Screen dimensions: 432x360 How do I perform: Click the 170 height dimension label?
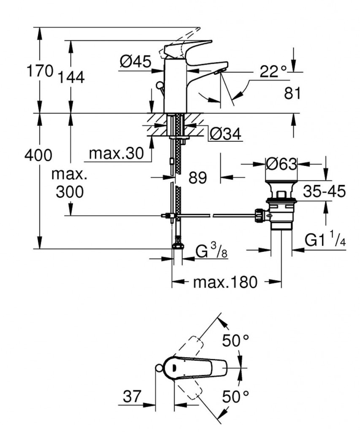tap(40, 70)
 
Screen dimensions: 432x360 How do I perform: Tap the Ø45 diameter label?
tap(135, 62)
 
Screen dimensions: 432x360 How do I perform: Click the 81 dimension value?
tap(292, 93)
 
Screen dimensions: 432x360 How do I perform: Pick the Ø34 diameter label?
tap(225, 134)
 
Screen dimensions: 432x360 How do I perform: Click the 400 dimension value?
tap(38, 155)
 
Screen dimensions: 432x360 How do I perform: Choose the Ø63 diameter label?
tap(281, 164)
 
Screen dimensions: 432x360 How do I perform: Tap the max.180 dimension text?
tap(225, 282)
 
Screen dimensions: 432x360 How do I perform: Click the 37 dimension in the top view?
tap(132, 396)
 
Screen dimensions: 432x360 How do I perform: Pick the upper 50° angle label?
tap(235, 340)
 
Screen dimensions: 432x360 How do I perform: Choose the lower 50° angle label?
tap(235, 396)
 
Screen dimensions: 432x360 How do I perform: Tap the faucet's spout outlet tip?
tap(221, 71)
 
